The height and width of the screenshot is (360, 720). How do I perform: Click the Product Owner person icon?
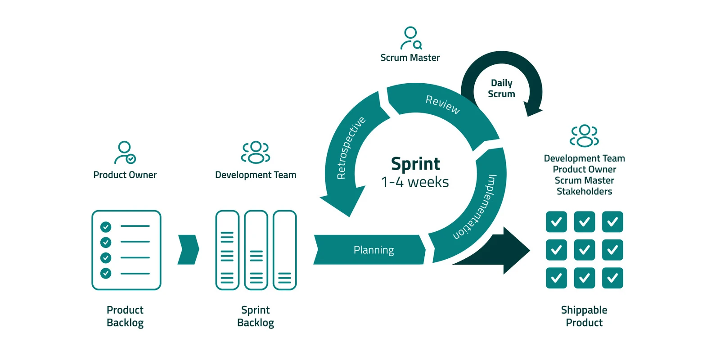pos(125,153)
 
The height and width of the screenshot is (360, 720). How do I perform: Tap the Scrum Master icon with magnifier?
pos(410,38)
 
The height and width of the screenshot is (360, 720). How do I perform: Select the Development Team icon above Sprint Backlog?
pos(255,152)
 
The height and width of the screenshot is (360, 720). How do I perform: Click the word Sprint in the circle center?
pos(415,164)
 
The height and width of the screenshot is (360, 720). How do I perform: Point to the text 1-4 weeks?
pos(414,182)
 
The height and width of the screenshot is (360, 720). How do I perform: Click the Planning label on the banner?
pos(373,250)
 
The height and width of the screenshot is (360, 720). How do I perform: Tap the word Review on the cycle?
pos(443,104)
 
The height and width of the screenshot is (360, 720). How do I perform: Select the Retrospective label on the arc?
pos(351,148)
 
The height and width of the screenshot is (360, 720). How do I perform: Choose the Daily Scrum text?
pos(501,89)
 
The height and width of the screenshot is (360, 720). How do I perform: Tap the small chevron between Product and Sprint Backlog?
pos(188,249)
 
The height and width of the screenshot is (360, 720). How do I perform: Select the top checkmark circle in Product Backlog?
pos(106,226)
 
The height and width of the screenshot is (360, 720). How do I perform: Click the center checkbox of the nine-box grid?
pos(584,250)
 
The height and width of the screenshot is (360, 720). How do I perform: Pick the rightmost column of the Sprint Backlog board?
pos(284,250)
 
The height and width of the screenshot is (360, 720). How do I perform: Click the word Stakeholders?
pos(584,192)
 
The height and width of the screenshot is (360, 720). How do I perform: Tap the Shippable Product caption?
pos(584,316)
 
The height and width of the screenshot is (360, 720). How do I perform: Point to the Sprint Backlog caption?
pos(255,316)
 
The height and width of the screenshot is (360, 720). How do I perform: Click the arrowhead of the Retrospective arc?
pos(340,202)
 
